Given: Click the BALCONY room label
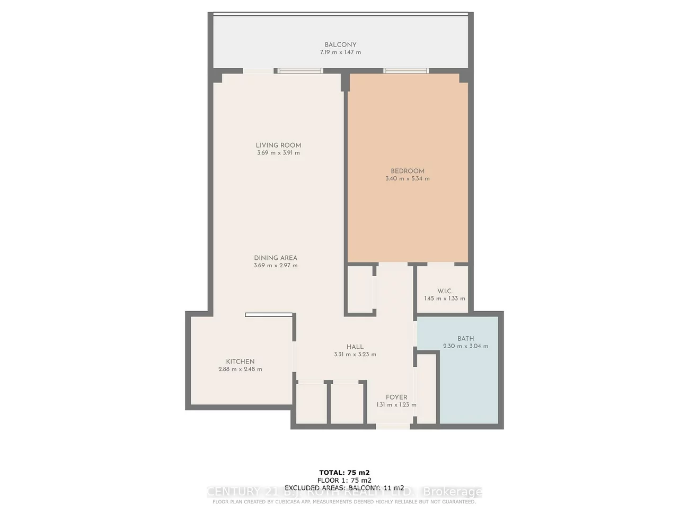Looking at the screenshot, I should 340,45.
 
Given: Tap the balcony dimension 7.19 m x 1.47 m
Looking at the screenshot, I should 340,52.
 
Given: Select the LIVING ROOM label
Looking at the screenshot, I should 278,145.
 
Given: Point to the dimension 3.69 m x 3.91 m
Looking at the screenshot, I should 278,153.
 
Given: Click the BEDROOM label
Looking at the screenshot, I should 408,171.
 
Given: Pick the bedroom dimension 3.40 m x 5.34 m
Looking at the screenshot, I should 408,179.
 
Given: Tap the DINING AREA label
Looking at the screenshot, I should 276,258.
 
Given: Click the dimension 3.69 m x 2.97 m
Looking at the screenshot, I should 276,266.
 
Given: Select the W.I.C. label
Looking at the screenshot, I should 445,291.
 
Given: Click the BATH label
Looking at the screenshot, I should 466,339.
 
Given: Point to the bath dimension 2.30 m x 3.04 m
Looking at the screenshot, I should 466,346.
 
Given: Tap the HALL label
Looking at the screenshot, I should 355,347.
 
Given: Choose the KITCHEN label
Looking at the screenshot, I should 240,362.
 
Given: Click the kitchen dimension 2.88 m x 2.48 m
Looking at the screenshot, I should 240,369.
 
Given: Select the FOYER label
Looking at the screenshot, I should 396,397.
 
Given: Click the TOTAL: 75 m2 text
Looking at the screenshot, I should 344,473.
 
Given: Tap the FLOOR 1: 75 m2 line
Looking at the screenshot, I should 344,481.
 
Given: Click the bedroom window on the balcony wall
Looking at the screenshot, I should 407,70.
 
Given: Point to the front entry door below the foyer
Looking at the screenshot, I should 392,426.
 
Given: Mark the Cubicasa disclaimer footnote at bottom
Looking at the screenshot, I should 344,502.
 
